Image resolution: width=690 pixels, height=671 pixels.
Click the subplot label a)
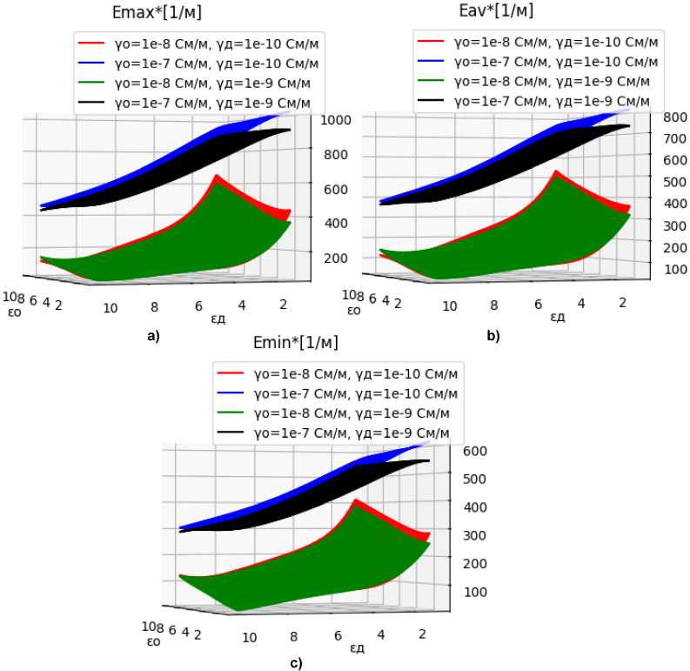tap(151, 335)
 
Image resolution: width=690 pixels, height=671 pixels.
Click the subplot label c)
tap(296, 664)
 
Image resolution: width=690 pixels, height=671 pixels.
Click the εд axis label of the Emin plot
tap(357, 648)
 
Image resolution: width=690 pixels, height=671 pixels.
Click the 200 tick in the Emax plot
tap(338, 258)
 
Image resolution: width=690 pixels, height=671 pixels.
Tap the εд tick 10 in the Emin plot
tap(250, 637)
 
